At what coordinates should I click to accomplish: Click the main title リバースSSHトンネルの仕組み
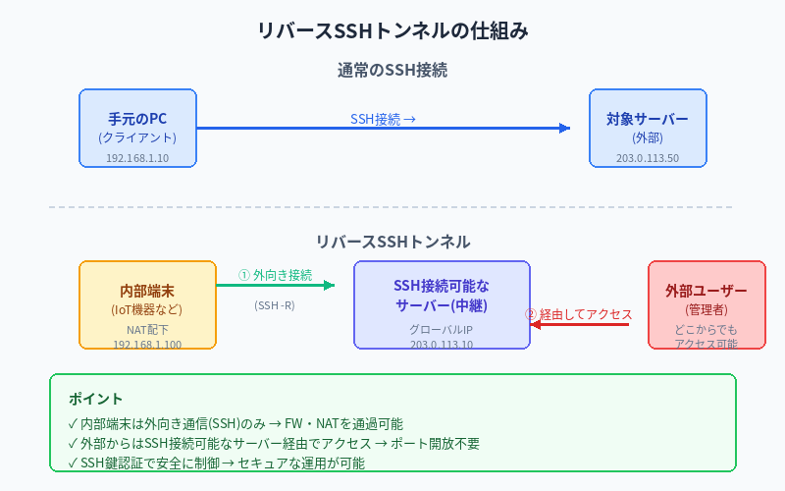point(392,30)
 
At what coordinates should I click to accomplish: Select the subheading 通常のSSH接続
point(392,71)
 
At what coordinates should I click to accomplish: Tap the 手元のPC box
point(137,128)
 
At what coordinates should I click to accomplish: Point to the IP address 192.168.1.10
point(137,157)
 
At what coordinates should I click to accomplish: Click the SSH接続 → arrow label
point(383,119)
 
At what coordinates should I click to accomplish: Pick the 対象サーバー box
point(648,128)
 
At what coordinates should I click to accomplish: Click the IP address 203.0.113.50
point(648,157)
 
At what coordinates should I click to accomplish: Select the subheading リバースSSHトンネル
point(392,242)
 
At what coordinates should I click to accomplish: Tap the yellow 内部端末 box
point(147,303)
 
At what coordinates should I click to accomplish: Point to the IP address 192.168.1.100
point(147,344)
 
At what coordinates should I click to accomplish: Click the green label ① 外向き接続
point(275,276)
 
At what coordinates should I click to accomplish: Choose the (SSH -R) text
point(275,305)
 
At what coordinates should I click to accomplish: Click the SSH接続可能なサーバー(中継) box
point(442,296)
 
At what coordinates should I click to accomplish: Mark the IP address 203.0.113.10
point(442,344)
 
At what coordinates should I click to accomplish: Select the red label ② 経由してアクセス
point(579,314)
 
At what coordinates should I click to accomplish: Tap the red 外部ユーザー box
point(706,303)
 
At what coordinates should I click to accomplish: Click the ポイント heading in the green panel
point(96,399)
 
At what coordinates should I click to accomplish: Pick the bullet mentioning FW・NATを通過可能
point(235,424)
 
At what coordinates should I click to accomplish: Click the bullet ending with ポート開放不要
point(274,444)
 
